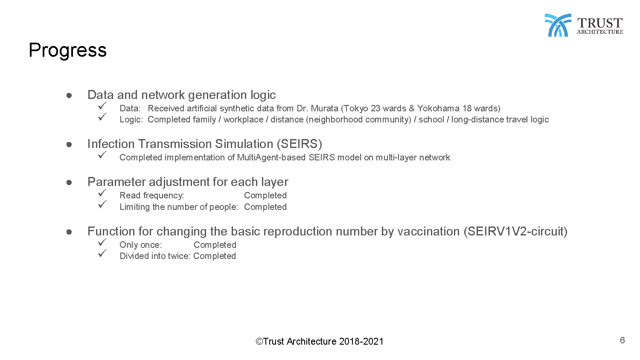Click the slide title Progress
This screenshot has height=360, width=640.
pos(68,51)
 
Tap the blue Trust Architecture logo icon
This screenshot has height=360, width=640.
pos(558,25)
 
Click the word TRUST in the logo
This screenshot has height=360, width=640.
pos(600,23)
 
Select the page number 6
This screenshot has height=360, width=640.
pos(622,340)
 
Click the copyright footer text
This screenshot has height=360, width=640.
pos(320,341)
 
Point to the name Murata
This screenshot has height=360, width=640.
pos(324,109)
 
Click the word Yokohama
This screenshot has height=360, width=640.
pos(438,109)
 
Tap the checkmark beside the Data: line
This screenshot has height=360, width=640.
pos(102,106)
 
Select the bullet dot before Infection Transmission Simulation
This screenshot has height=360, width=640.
pos(69,145)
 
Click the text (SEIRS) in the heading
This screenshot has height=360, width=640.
pos(299,144)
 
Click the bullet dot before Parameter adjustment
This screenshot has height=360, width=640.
pos(69,183)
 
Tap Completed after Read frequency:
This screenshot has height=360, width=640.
pos(265,195)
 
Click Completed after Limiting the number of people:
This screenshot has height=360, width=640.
pos(265,207)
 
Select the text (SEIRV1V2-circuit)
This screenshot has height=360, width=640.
pos(515,232)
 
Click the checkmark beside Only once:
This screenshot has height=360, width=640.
pos(102,242)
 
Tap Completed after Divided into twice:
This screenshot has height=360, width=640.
pos(215,256)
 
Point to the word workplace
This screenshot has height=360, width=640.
pos(244,119)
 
